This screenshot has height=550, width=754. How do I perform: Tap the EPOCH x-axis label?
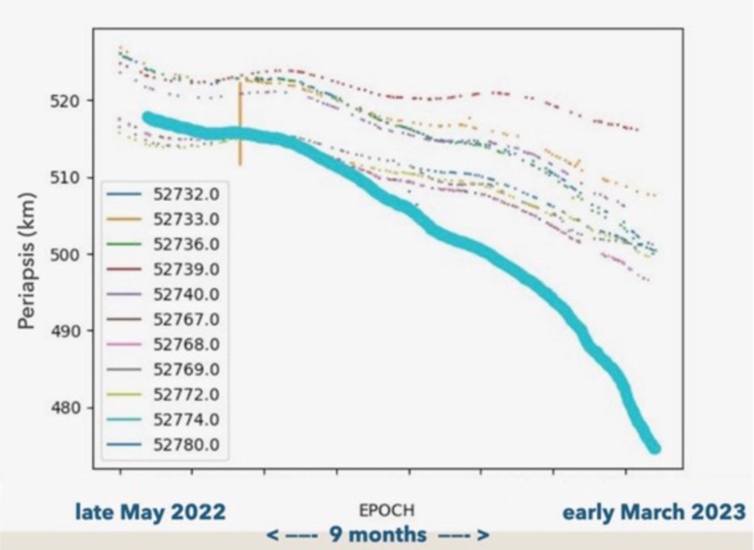tap(387, 511)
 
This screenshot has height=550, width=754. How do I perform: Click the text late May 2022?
tap(150, 512)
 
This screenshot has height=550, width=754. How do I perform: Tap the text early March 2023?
tap(653, 512)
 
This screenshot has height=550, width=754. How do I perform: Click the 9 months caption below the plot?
tap(378, 534)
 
